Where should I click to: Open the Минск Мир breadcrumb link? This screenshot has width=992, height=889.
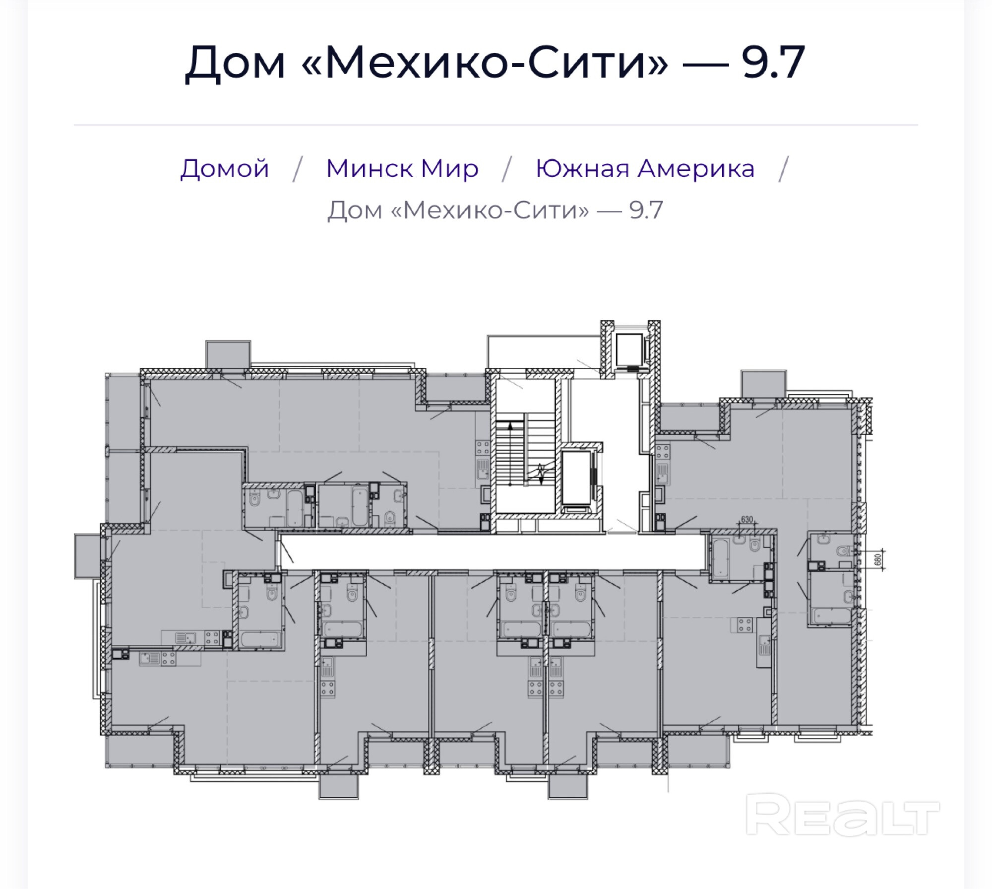click(402, 168)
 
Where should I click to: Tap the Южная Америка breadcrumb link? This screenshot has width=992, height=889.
click(645, 168)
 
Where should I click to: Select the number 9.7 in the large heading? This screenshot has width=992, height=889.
click(774, 62)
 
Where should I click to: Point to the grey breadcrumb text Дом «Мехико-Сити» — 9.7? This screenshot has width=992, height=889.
click(495, 210)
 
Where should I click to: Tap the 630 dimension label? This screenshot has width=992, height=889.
click(746, 519)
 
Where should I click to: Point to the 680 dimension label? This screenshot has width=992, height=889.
click(878, 559)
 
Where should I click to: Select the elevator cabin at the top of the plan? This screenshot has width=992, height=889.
click(629, 350)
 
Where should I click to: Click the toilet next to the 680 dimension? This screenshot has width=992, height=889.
click(844, 550)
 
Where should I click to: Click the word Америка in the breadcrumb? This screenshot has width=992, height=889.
click(696, 168)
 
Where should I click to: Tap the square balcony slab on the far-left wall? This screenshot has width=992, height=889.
click(88, 556)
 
